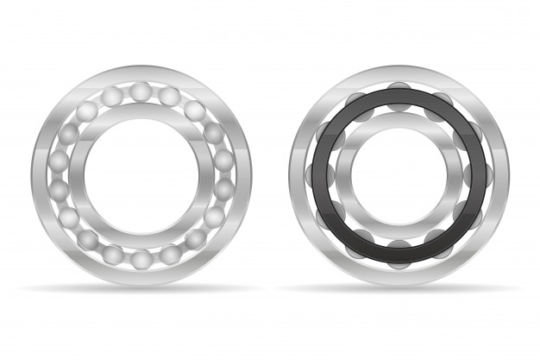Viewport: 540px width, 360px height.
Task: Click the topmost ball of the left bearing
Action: [141, 92]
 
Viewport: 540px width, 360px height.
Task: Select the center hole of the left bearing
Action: [141, 175]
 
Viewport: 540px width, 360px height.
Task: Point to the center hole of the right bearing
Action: [399, 175]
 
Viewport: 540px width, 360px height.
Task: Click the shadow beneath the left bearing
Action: [141, 288]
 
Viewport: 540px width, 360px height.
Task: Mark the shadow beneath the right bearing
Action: [399, 288]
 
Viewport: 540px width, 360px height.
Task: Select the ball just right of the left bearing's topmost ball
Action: [170, 97]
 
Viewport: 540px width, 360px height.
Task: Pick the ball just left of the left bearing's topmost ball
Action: [112, 97]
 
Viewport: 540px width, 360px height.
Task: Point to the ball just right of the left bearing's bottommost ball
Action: [170, 254]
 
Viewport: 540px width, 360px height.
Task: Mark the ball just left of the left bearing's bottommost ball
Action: [112, 254]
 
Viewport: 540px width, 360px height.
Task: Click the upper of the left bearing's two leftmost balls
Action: [59, 161]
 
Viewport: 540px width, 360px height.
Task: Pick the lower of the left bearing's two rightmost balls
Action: [223, 189]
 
